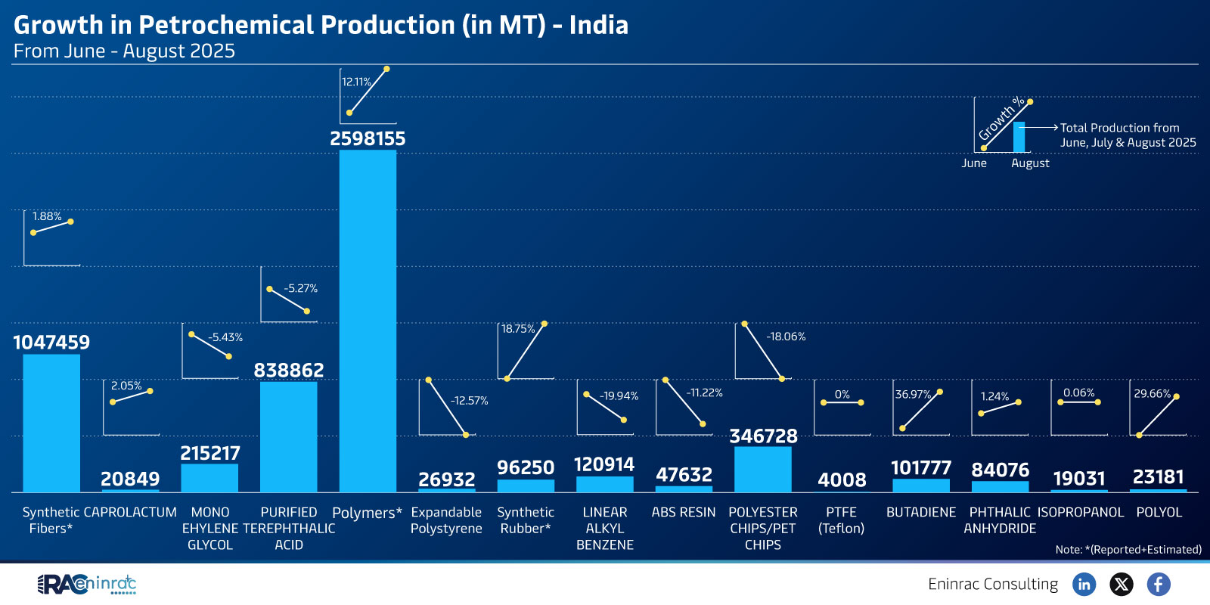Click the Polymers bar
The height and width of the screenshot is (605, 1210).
[x=368, y=321]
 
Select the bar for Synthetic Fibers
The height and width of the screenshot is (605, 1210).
[x=51, y=423]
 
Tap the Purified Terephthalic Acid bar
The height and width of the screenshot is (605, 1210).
[x=288, y=437]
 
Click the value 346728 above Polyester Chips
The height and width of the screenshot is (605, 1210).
[x=763, y=436]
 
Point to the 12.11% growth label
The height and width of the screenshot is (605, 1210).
[x=356, y=82]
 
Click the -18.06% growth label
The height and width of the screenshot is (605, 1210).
[x=786, y=337]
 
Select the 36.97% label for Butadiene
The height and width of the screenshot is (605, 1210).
[x=913, y=395]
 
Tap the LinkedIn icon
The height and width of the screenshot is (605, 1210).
[x=1084, y=584]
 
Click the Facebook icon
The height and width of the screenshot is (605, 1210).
[x=1159, y=584]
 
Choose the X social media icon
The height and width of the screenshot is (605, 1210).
[x=1122, y=584]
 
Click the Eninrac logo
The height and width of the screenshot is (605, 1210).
[x=87, y=584]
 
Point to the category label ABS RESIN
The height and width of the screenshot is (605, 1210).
[x=684, y=513]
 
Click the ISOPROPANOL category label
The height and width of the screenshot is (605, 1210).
[x=1080, y=513]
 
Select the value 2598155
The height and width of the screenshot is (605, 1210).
[x=368, y=139]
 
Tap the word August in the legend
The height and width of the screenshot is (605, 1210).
[x=1030, y=163]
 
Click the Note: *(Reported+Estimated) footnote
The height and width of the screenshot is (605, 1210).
[x=1128, y=550]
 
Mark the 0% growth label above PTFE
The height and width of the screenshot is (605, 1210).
[x=842, y=395]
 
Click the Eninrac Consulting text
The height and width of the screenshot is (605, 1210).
[x=993, y=584]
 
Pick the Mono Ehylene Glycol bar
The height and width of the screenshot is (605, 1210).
[x=209, y=478]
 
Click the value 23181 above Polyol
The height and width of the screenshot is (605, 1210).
[x=1158, y=477]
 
